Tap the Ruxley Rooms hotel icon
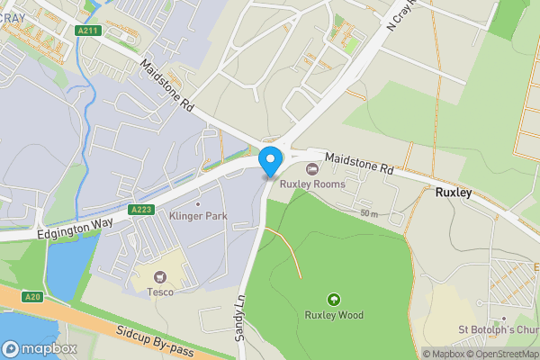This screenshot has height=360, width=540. pyautogui.click(x=312, y=168)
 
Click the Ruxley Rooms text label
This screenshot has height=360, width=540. pyautogui.click(x=312, y=184)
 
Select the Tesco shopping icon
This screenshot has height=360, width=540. pyautogui.click(x=161, y=277)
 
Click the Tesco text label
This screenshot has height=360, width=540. pyautogui.click(x=161, y=292)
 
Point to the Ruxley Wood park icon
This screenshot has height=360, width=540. pyautogui.click(x=333, y=300)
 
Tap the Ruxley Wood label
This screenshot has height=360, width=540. pyautogui.click(x=333, y=315)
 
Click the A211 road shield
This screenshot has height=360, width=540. pyautogui.click(x=88, y=31)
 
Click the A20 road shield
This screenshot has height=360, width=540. pyautogui.click(x=33, y=297)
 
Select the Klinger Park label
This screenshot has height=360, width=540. pyautogui.click(x=198, y=216)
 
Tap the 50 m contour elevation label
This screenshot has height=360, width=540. pyautogui.click(x=369, y=213)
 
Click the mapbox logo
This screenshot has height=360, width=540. pyautogui.click(x=40, y=348)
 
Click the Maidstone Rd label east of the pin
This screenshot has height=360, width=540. pyautogui.click(x=360, y=163)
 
